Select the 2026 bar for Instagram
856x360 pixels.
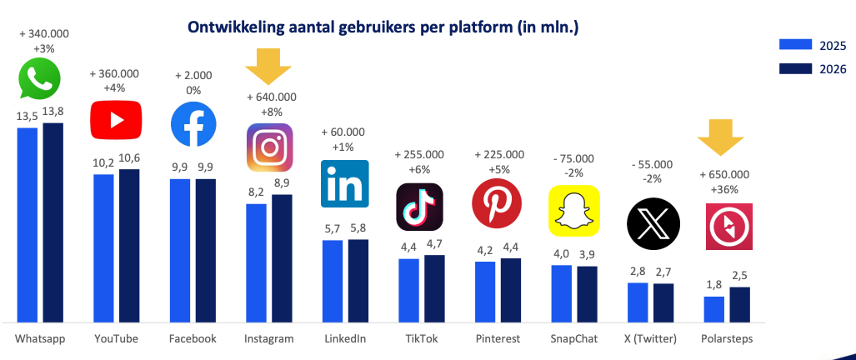283,257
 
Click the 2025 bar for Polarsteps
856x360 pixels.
714,308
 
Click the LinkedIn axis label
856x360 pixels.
345,338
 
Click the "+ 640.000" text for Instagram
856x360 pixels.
271,97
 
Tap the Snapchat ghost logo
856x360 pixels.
573,211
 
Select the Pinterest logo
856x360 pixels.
497,203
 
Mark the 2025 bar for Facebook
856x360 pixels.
180,249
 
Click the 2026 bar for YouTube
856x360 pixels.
129,245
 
